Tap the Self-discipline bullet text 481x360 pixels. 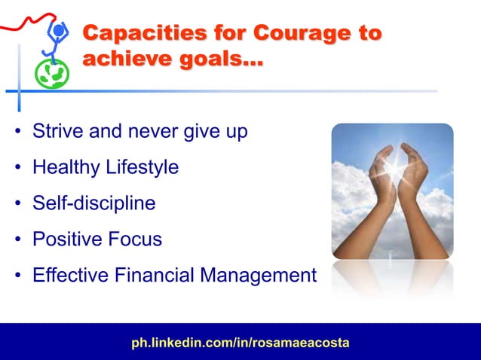(x=93, y=203)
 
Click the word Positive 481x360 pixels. (x=64, y=239)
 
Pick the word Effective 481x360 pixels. (x=69, y=276)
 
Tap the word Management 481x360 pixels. (x=258, y=276)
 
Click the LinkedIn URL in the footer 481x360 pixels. (x=240, y=343)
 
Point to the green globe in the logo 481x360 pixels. (x=54, y=73)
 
